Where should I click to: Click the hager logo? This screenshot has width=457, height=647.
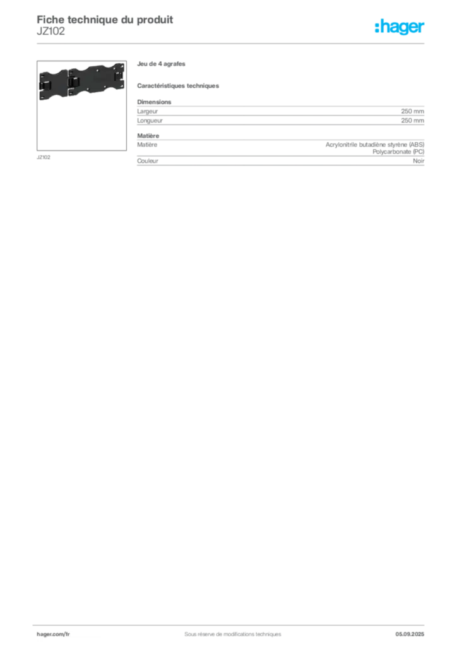click(x=400, y=27)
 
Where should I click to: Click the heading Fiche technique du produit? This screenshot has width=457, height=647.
click(x=105, y=20)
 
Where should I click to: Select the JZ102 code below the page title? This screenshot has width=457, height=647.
click(x=50, y=32)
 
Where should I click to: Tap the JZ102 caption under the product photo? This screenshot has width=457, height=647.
click(x=44, y=157)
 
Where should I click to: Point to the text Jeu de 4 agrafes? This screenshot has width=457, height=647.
click(x=161, y=64)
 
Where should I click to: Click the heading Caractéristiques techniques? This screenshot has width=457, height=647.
click(x=178, y=86)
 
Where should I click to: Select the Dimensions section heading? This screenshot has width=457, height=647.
click(x=154, y=102)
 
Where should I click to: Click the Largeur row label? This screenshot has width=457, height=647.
click(x=148, y=111)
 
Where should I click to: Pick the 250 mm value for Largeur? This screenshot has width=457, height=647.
click(x=412, y=111)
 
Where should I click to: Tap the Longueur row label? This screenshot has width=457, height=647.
click(x=150, y=121)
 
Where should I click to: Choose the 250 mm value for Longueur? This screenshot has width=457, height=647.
click(x=412, y=121)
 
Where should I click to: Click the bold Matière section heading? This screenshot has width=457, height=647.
click(x=148, y=136)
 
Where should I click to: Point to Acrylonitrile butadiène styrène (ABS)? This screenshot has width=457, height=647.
click(x=375, y=145)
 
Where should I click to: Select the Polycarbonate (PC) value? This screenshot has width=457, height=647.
click(x=398, y=152)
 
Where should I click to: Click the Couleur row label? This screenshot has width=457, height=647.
click(x=148, y=161)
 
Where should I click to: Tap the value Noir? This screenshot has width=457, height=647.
click(x=418, y=161)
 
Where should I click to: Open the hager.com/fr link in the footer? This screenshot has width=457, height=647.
click(x=53, y=634)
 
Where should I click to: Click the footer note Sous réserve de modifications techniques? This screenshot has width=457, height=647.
click(x=233, y=634)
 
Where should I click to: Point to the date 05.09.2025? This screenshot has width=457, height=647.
click(x=410, y=634)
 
